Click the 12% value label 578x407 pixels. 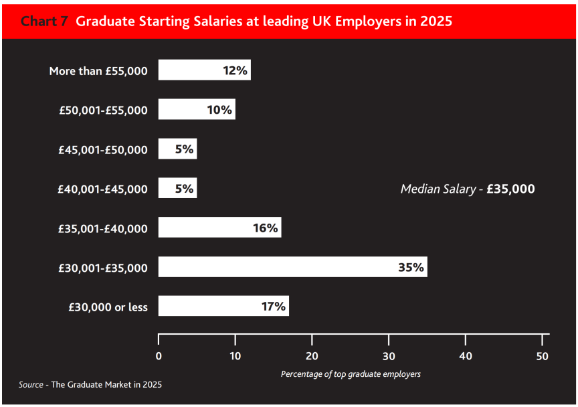click(235, 70)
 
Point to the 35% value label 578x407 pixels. click(411, 267)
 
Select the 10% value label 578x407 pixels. click(219, 110)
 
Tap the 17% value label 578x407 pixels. click(274, 307)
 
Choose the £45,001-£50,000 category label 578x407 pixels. click(103, 149)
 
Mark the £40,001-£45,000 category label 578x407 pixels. click(103, 189)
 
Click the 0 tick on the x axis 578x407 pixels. click(159, 356)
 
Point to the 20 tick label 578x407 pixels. click(312, 356)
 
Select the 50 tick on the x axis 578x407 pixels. click(542, 356)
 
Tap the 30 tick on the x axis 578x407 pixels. click(389, 356)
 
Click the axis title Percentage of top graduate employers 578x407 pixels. click(351, 374)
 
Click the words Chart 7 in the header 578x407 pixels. click(44, 21)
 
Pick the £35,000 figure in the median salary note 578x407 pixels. click(510, 189)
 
